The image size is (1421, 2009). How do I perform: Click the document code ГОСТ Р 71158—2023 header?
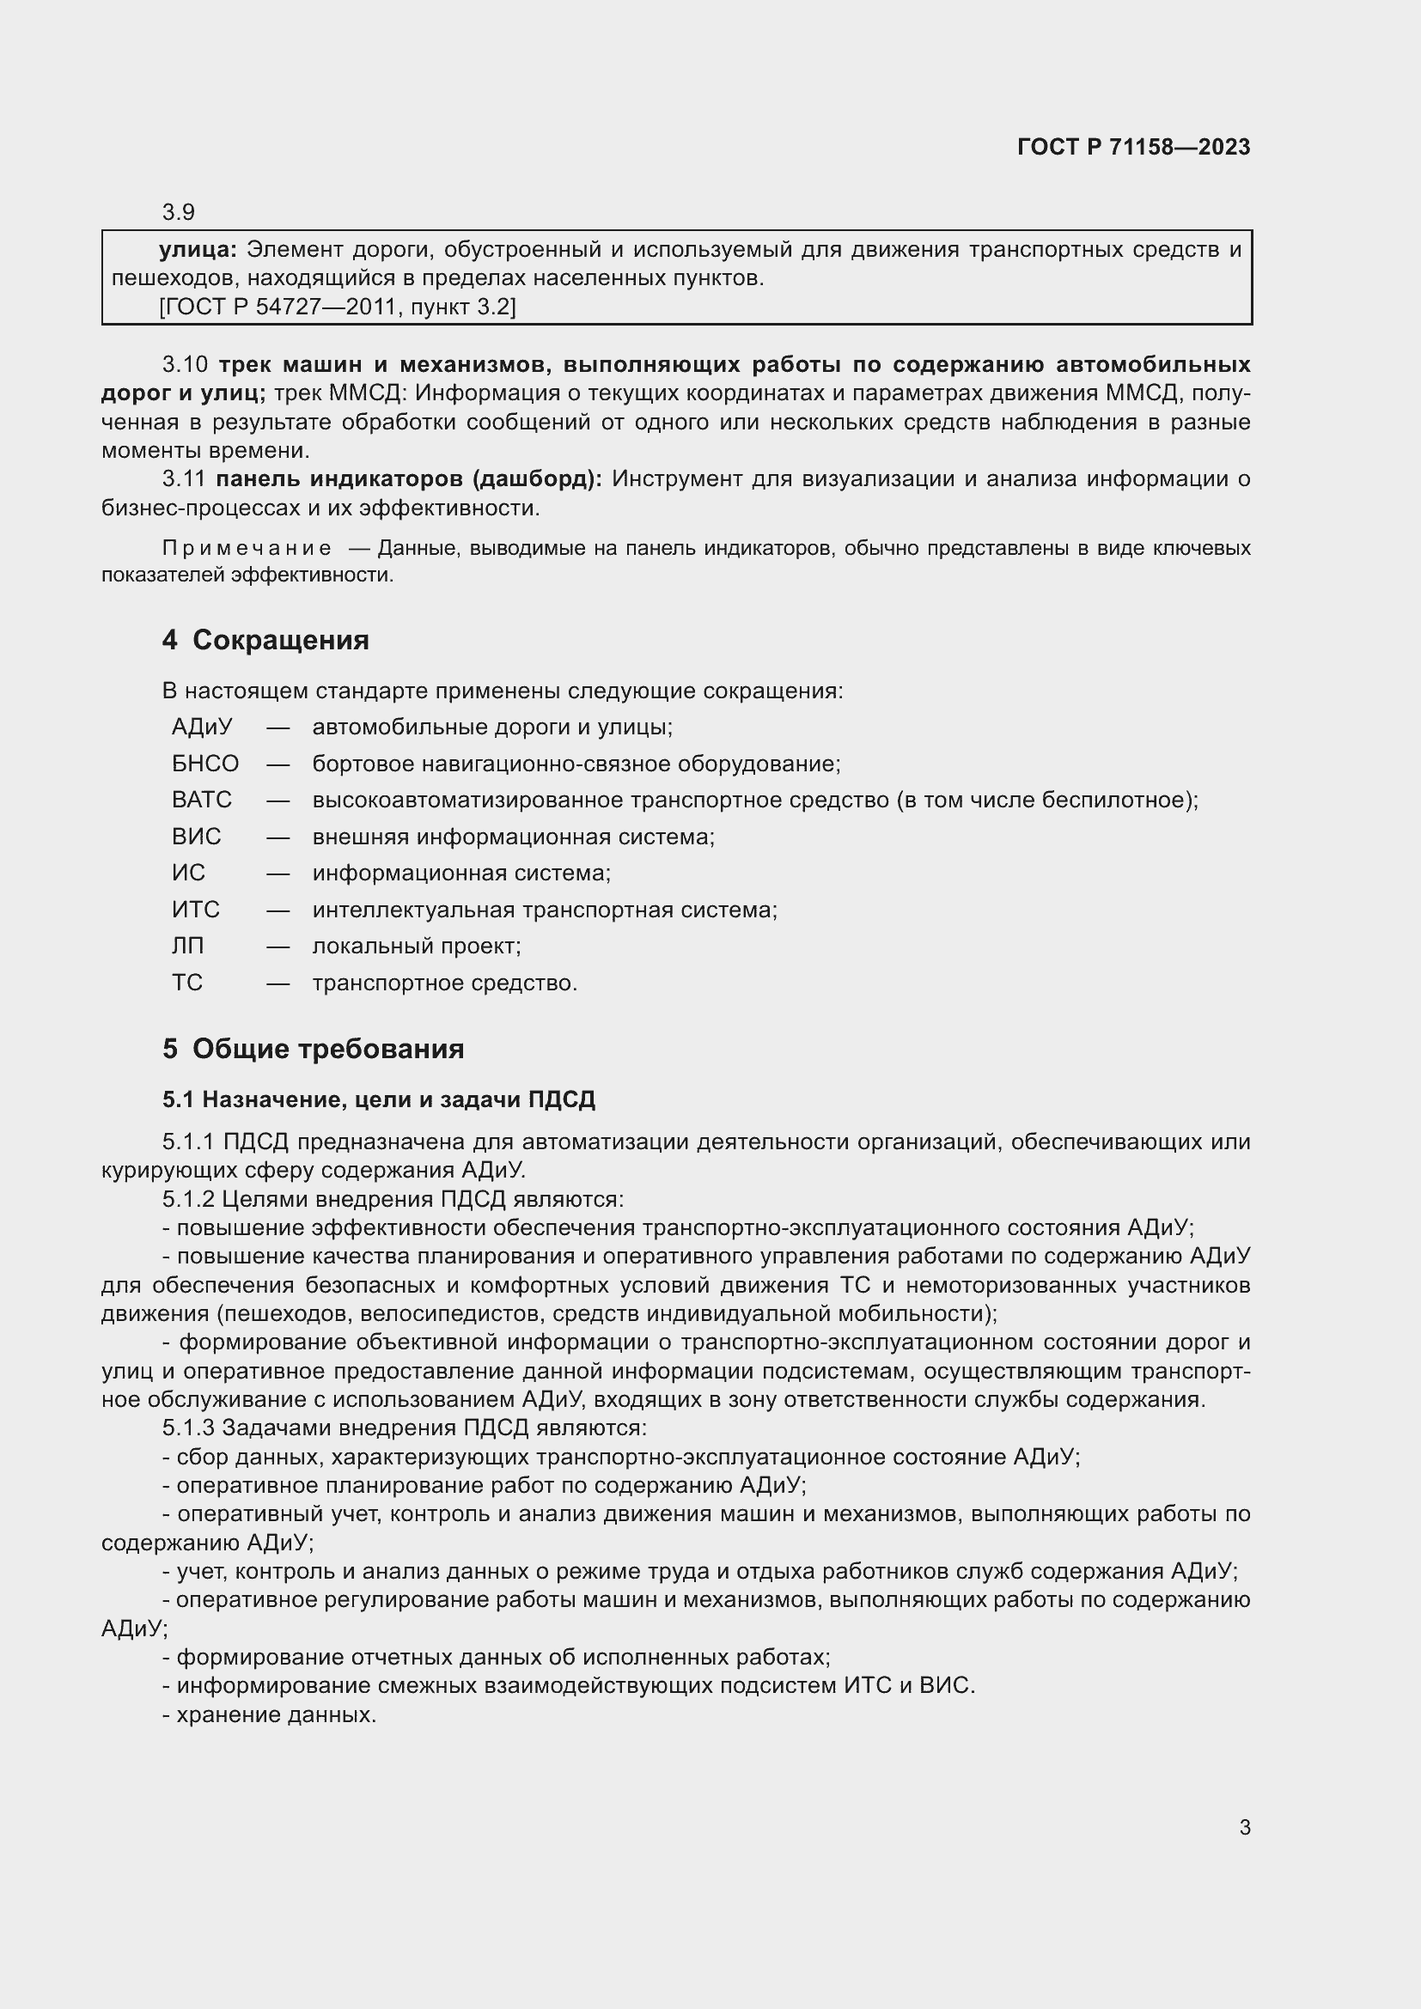pos(1133,147)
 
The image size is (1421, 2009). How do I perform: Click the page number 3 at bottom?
pos(1244,1827)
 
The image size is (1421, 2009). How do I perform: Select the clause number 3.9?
pos(179,212)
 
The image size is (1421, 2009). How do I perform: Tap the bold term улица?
pos(198,250)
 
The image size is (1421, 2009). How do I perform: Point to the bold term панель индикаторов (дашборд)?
pos(409,479)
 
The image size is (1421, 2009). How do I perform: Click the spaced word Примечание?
pos(247,549)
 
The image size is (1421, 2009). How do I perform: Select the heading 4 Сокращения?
pos(265,641)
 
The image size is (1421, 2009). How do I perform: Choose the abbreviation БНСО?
pos(204,764)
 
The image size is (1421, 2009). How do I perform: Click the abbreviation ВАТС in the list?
pos(201,800)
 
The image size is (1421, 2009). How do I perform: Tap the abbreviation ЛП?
pos(187,946)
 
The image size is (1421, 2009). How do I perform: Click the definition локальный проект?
pos(417,946)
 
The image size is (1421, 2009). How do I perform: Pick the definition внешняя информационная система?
pos(514,837)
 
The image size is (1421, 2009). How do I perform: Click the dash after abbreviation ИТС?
pos(278,910)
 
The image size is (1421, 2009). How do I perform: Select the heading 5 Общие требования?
pos(313,1049)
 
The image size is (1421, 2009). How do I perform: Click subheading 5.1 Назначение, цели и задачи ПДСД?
pos(378,1100)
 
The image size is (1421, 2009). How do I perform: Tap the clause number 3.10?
pos(185,365)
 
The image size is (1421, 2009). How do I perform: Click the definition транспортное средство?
pos(444,983)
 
